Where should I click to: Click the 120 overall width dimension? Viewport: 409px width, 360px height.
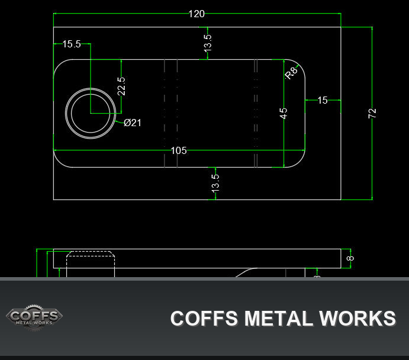tap(197, 14)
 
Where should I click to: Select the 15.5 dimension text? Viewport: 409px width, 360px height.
tap(72, 44)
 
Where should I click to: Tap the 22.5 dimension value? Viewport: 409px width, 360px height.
tap(121, 86)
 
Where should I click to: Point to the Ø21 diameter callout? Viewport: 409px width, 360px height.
tap(133, 123)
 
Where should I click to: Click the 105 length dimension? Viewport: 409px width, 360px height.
tap(179, 150)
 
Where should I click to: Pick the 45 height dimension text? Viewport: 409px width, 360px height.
tap(284, 114)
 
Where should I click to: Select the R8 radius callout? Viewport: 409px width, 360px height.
tap(291, 73)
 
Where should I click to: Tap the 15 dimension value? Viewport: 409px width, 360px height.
tap(323, 100)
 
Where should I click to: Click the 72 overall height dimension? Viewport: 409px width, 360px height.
tap(372, 113)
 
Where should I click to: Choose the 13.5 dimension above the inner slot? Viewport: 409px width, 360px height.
tap(208, 43)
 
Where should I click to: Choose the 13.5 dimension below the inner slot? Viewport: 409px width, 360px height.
tap(215, 184)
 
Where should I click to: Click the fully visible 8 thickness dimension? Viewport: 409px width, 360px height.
tap(350, 258)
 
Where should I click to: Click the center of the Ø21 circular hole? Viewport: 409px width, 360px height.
tap(91, 114)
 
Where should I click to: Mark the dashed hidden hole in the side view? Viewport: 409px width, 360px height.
tap(91, 264)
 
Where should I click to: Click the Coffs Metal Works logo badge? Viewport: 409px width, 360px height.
tap(34, 317)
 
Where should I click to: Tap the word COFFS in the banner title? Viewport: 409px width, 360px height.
tap(204, 319)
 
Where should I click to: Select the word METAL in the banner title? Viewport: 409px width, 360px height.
tap(278, 319)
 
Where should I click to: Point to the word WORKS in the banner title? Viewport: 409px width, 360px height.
tap(358, 319)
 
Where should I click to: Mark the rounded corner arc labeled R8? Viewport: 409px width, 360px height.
tap(299, 65)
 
